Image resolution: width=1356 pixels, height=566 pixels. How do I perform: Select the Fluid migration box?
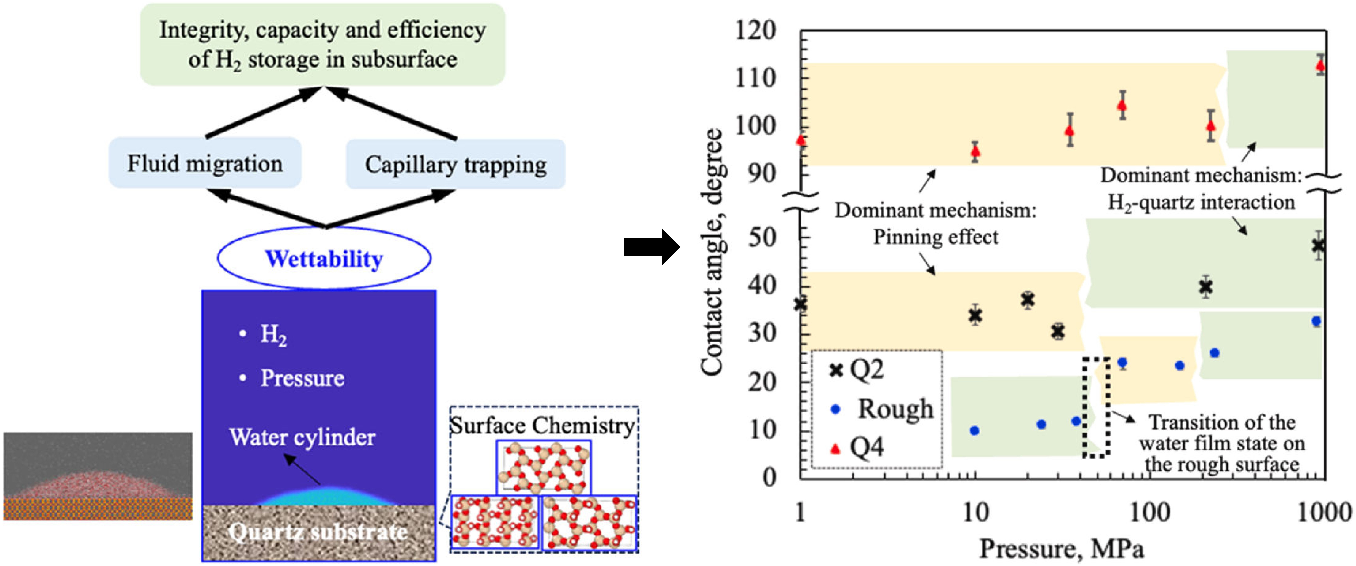pos(205,163)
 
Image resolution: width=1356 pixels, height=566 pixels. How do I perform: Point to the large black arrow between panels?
pos(651,247)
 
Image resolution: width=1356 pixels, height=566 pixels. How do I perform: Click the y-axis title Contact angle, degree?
pos(712,252)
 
